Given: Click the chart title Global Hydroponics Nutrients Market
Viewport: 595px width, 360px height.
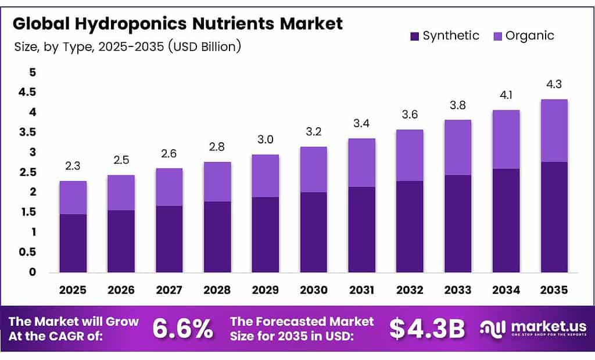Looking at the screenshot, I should [x=178, y=23].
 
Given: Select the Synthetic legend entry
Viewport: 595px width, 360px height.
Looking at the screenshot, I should [x=445, y=35].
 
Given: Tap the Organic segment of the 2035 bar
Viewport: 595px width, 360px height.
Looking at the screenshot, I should [x=554, y=131].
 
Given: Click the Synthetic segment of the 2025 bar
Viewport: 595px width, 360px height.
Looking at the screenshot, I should [x=73, y=243].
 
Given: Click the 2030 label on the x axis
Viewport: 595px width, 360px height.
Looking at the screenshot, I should [x=313, y=289].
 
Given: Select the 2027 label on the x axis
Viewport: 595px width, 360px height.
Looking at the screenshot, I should [x=169, y=289].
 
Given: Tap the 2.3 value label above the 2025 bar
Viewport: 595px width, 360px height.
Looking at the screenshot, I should [x=73, y=167].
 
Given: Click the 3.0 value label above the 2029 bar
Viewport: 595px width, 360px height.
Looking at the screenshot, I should [x=265, y=140].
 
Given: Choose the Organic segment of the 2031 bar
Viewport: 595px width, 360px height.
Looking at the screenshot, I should [x=361, y=163].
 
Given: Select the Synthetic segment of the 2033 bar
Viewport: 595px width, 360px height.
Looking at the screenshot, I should [x=457, y=224].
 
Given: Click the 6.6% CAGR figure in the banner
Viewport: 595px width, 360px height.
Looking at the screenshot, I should [x=182, y=329].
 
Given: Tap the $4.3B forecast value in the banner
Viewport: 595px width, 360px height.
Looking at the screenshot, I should [x=426, y=329].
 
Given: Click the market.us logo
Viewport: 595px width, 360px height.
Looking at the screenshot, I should [x=533, y=329].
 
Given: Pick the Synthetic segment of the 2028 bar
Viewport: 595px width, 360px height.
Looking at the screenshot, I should [x=217, y=237].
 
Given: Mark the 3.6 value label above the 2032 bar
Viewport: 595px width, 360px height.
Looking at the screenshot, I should [x=410, y=114].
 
